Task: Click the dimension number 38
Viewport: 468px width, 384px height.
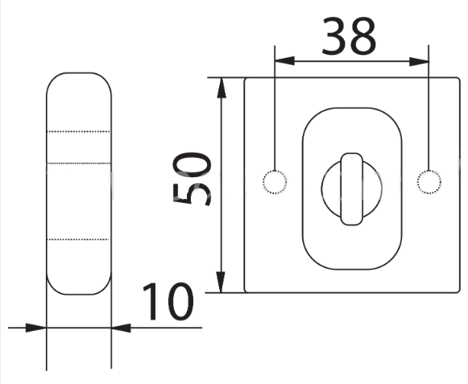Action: point(349,36)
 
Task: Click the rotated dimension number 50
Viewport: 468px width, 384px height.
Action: point(192,179)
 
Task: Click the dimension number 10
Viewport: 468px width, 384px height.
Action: point(168,301)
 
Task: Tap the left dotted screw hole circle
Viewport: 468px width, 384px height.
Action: point(275,182)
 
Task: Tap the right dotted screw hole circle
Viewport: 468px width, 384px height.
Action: point(429,182)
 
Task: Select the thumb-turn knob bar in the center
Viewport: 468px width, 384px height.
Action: point(352,189)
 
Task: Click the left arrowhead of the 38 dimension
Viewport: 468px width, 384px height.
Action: point(284,61)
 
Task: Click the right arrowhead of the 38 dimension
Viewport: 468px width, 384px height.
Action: point(419,62)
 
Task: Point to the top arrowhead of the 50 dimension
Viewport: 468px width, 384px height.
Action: point(222,88)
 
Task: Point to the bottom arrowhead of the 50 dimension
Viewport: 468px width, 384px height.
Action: point(221,283)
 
